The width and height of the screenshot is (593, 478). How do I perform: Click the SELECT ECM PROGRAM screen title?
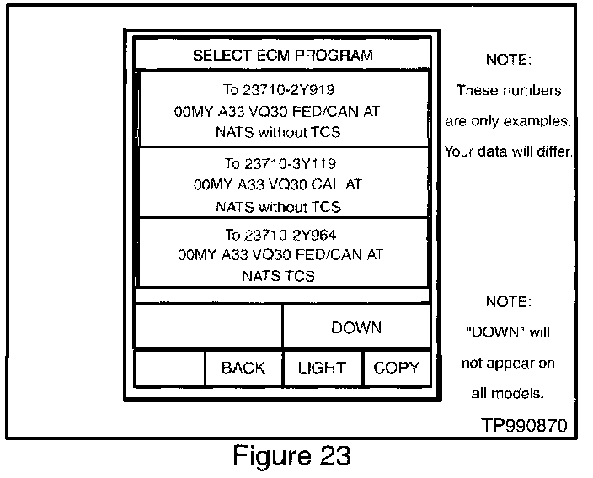coord(283,56)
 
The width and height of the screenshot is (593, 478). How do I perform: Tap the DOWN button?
coord(356,327)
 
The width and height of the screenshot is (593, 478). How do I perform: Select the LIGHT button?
coord(323,368)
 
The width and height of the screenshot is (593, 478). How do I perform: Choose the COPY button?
coord(397,368)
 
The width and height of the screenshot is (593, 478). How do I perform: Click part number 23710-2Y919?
coord(289,90)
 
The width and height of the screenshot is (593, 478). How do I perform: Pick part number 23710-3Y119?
coord(290,163)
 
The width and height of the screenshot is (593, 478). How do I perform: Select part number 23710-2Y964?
coord(290,235)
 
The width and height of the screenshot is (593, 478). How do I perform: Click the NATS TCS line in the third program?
coord(278,276)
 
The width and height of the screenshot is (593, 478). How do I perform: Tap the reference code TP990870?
coord(524,425)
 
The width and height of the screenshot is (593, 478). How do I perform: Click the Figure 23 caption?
coord(291,455)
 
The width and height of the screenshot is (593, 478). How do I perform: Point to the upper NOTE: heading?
coord(508,59)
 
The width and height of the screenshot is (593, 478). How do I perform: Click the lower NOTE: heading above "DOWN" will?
coord(508,301)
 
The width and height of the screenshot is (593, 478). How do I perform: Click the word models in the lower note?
coord(516,393)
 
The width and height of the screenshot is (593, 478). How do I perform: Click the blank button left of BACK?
coord(169,369)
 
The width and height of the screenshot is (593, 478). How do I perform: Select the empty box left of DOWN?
coord(208,326)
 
